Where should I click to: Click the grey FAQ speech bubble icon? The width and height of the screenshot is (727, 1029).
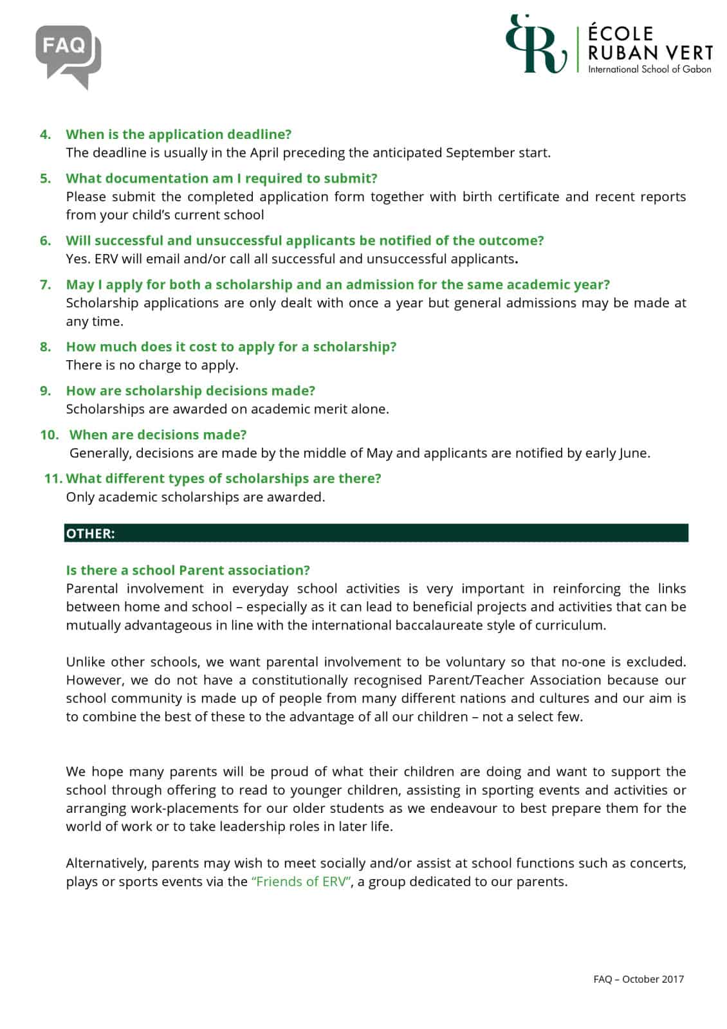(x=68, y=54)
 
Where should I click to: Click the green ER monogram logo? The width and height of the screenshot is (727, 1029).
(x=537, y=44)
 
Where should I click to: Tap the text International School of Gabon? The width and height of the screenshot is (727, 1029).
(x=649, y=69)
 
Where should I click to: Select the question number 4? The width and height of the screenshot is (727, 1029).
(x=45, y=134)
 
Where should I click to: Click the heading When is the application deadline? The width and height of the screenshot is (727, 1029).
(x=178, y=134)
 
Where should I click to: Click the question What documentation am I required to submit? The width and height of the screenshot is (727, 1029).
(x=221, y=178)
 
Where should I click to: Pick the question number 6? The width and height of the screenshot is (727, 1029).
(x=45, y=241)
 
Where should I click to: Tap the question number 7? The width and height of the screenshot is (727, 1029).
(x=45, y=284)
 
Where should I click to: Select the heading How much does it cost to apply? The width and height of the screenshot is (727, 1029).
(x=231, y=347)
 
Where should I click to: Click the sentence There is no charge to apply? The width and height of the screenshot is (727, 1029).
(x=152, y=365)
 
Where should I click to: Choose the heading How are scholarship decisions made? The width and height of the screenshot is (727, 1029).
(x=190, y=390)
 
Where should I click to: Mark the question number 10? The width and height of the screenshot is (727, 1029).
(x=49, y=435)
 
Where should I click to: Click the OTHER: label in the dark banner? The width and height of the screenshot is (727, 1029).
(x=90, y=534)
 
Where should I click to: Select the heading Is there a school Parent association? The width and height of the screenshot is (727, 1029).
(x=188, y=570)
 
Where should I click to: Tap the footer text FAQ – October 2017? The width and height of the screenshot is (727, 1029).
(x=638, y=979)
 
